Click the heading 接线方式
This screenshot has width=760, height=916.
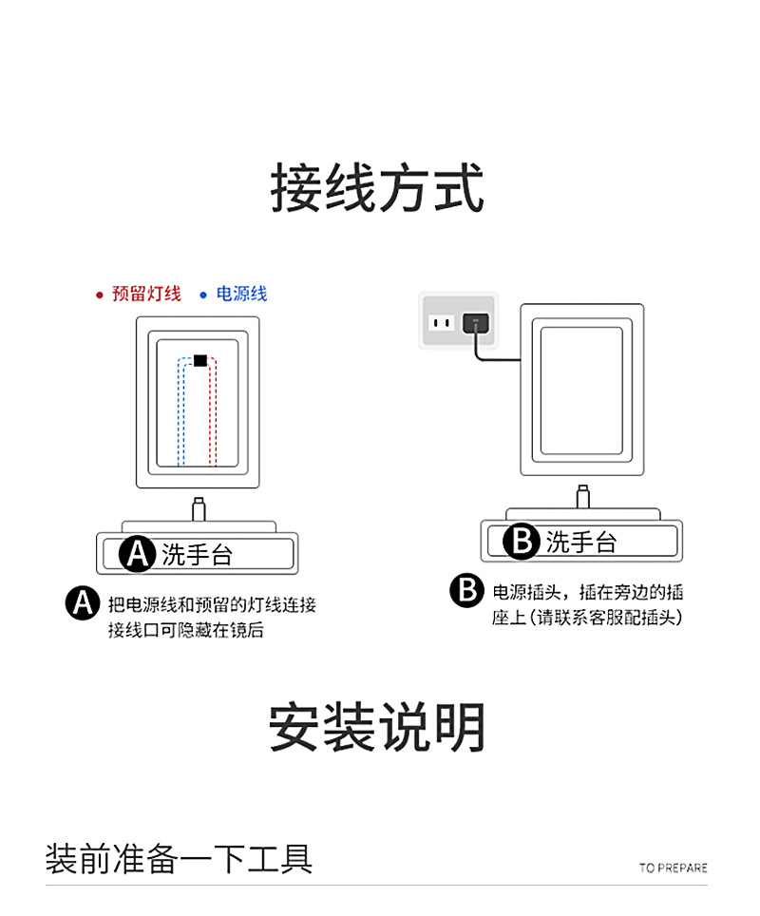[378, 188]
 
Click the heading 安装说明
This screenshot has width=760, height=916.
[378, 728]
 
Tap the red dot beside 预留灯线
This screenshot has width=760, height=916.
[99, 295]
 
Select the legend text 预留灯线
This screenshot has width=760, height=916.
[146, 294]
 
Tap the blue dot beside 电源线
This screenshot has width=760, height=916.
[202, 295]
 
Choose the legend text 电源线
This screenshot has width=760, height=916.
[241, 294]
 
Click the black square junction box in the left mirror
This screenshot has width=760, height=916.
[199, 360]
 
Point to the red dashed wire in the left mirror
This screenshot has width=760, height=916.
[218, 418]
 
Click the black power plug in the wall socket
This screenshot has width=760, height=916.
[474, 323]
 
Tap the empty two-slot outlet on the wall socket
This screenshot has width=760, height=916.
[440, 323]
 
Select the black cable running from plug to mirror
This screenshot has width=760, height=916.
[494, 359]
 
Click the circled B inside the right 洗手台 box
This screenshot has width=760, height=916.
[522, 542]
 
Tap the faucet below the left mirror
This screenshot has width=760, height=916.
[199, 508]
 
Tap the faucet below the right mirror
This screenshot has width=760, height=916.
[582, 497]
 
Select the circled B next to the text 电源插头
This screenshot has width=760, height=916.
[466, 590]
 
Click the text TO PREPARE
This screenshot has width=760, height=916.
[673, 868]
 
